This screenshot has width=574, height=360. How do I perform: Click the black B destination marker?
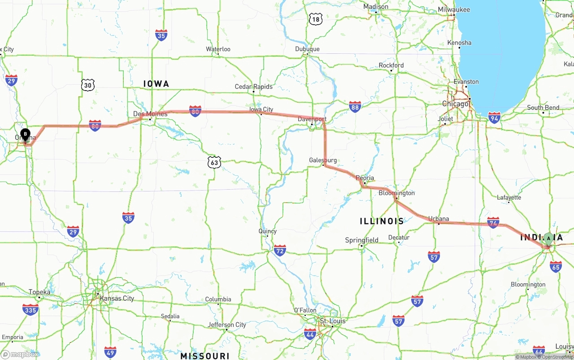tap(26, 134)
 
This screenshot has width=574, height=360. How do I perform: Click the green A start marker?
tap(548, 238)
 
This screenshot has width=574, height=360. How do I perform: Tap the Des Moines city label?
tap(150, 114)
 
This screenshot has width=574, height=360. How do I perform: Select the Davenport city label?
tap(312, 119)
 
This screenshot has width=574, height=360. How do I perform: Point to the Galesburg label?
tap(323, 160)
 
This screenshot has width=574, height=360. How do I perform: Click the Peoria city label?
tap(365, 178)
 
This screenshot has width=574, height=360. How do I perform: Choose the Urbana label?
tap(439, 219)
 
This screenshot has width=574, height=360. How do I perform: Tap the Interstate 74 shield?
tap(493, 222)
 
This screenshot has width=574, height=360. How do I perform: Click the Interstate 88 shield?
tap(355, 107)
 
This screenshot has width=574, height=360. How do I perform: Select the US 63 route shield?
tap(214, 162)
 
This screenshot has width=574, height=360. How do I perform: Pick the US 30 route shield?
tap(88, 85)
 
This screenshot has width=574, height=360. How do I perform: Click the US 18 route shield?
tap(316, 19)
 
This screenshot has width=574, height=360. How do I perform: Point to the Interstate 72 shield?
tap(280, 250)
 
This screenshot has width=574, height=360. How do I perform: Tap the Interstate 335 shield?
tap(30, 309)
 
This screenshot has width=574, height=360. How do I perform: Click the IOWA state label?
tap(156, 84)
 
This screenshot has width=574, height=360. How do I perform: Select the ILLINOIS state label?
tap(382, 221)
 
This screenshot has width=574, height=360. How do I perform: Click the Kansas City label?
tap(117, 298)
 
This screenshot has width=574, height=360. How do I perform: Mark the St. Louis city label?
tap(333, 321)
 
